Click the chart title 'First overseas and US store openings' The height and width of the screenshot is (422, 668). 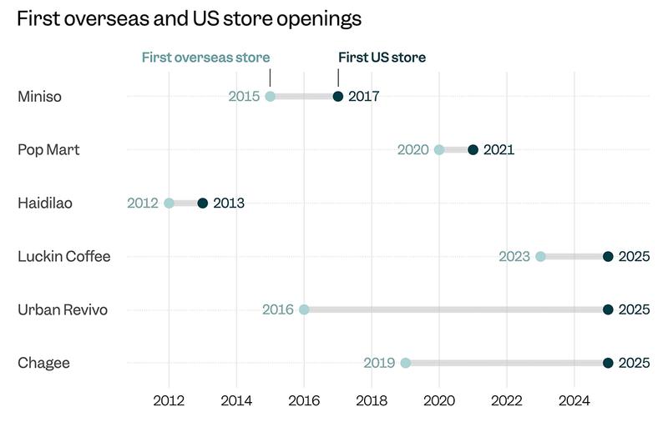click(x=190, y=18)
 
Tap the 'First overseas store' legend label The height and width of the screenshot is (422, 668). click(x=205, y=58)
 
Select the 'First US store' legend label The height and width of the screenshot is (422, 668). click(x=382, y=58)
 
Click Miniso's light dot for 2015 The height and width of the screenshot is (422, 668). click(x=270, y=97)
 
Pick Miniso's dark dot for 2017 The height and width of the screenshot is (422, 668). click(x=338, y=97)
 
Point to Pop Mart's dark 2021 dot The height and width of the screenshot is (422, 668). click(x=473, y=150)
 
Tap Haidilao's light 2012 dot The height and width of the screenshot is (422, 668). click(x=169, y=203)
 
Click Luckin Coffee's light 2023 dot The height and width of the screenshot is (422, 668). click(x=540, y=256)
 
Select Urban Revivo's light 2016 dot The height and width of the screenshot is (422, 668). click(x=304, y=309)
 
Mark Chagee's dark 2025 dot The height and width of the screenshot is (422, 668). click(x=608, y=363)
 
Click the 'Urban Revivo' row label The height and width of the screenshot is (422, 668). click(x=63, y=309)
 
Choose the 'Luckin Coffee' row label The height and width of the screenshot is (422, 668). click(x=64, y=256)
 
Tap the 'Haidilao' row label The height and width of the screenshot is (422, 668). click(x=45, y=203)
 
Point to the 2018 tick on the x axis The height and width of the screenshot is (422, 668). click(x=372, y=399)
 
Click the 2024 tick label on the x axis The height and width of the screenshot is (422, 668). click(x=574, y=399)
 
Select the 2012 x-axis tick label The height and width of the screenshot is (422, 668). click(x=169, y=399)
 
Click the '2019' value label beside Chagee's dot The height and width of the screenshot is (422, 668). click(x=379, y=363)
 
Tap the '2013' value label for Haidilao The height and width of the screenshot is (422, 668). click(x=229, y=203)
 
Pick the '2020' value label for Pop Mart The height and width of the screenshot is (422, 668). click(x=412, y=150)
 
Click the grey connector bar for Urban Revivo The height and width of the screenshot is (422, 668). click(x=456, y=309)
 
